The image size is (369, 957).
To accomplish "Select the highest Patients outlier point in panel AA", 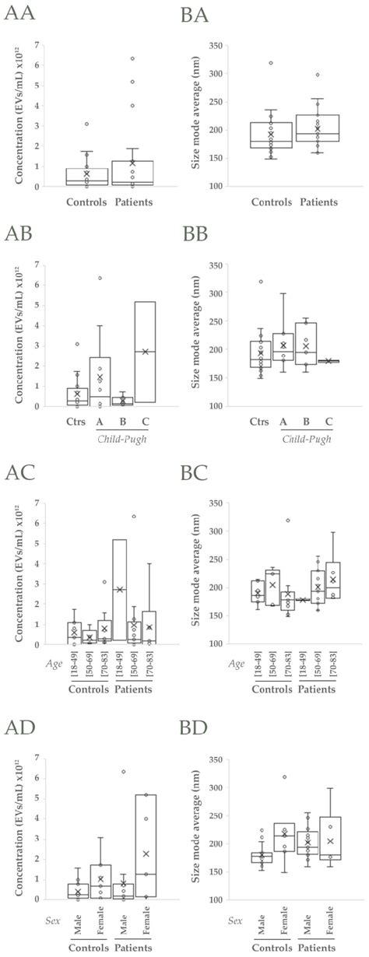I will [133, 58].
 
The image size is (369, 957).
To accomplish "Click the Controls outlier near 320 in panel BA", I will [271, 63].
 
